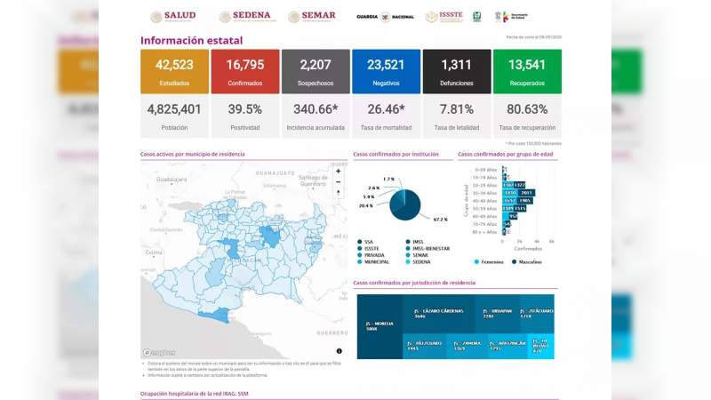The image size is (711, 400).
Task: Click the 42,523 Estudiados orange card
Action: coord(174,71)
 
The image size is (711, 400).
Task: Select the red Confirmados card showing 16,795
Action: coord(244,71)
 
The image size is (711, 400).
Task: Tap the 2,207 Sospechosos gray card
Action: coord(316,71)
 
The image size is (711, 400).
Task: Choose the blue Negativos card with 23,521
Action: coord(386,71)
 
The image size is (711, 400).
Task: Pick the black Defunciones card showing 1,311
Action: coord(457,71)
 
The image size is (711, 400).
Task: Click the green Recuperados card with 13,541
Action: coord(527,71)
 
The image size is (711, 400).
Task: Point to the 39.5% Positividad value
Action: coord(244,109)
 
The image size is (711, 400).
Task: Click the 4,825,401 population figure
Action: coord(174,109)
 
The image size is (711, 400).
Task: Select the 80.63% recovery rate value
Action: coord(527,109)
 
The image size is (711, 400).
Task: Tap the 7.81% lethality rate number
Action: coord(457,109)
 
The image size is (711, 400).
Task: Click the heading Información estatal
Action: coord(191,40)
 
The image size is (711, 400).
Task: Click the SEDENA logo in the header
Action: coord(247,16)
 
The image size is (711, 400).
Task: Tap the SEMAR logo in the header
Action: coord(312,16)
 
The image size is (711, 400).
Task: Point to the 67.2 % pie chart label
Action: coord(440,219)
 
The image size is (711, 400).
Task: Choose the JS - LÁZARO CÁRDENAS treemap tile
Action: coord(434,314)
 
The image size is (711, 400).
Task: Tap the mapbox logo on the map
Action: coord(159,352)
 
